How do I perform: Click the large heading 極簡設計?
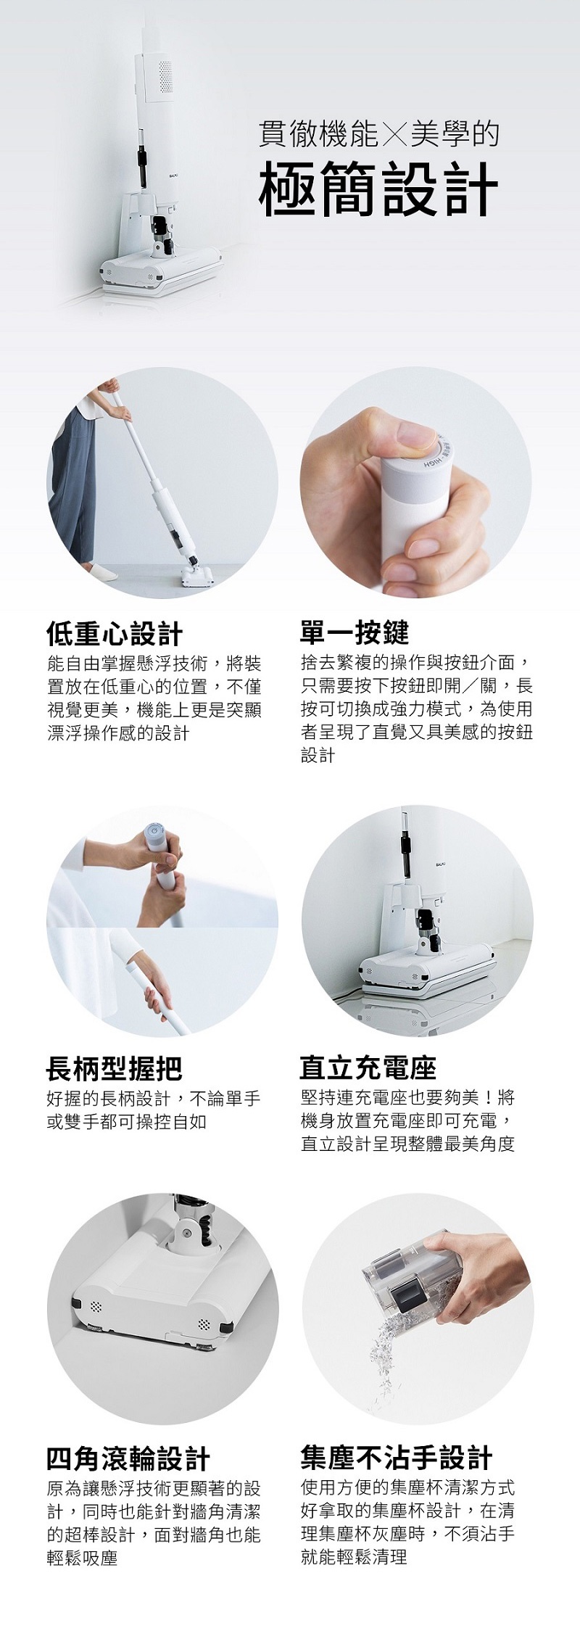pos(379,189)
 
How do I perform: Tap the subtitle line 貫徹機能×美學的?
pos(379,134)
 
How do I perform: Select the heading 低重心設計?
pos(115,633)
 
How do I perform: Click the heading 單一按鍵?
pos(355,633)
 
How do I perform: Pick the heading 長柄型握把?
pos(115,1068)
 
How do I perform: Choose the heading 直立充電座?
pos(368,1068)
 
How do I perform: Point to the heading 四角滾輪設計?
pos(128,1458)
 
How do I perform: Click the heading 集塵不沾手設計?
pos(396,1458)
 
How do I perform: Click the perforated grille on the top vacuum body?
pos(165,73)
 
